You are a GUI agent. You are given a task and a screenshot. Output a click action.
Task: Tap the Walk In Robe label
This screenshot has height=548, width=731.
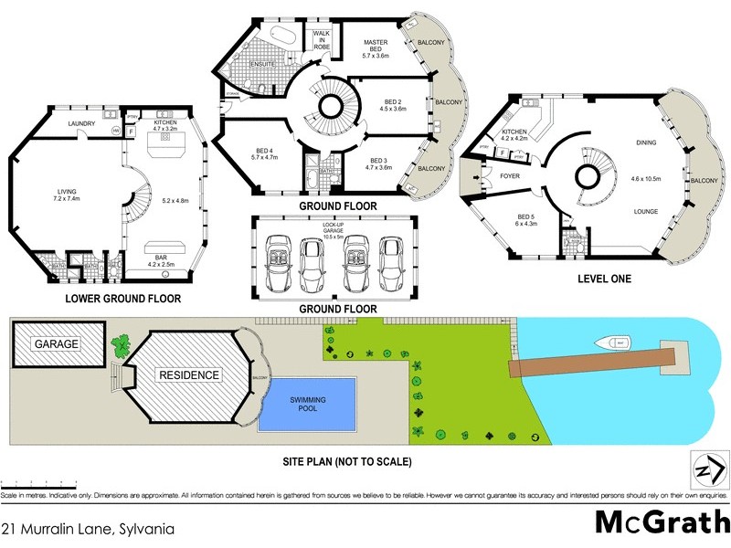click(x=322, y=39)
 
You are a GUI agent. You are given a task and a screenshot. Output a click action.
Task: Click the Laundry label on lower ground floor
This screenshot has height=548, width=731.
click(x=70, y=123)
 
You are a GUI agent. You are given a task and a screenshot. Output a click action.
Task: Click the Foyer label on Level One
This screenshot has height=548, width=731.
click(x=510, y=175)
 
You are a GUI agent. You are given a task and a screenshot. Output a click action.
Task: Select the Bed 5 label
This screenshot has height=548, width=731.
click(x=527, y=219)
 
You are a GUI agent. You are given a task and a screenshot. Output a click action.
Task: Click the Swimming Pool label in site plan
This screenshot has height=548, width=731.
click(x=309, y=405)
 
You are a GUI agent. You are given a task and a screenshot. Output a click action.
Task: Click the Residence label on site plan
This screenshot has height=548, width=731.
click(x=190, y=374)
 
